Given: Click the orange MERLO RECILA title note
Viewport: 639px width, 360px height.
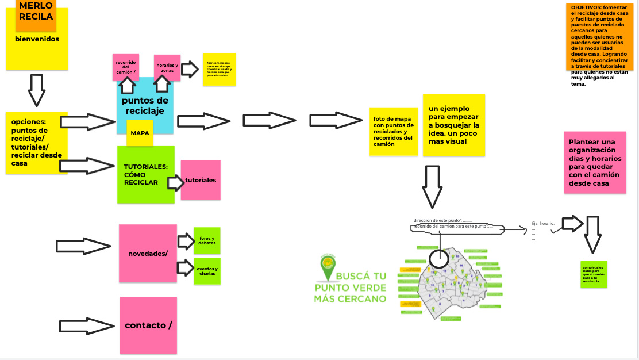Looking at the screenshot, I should [x=36, y=12].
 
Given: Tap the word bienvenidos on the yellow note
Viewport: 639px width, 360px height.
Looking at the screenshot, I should [x=37, y=40].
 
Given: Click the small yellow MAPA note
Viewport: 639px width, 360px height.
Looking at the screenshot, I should [x=140, y=133].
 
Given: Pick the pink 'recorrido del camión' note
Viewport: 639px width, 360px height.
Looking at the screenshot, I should [x=125, y=66].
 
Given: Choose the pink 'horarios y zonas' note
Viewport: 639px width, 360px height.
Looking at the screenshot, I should [x=167, y=67].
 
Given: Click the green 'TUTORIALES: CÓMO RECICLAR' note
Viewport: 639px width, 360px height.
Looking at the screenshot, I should [x=145, y=174].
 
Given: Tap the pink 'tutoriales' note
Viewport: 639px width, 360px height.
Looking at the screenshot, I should [x=201, y=180].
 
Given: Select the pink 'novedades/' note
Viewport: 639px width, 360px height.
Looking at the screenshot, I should [x=148, y=254].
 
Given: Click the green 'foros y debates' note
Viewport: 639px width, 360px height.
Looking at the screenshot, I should [x=207, y=241].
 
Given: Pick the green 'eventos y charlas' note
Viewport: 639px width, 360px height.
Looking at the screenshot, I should [x=207, y=271].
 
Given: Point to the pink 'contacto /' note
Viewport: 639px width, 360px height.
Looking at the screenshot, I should [x=148, y=325].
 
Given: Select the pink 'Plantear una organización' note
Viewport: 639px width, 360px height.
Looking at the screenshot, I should [x=595, y=163].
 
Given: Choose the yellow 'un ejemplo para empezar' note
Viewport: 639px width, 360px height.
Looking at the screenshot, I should [x=453, y=125].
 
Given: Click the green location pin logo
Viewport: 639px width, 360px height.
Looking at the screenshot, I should [x=328, y=267].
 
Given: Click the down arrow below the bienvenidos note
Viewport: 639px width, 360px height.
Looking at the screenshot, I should [x=36, y=89].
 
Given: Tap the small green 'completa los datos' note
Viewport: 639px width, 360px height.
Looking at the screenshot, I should [x=593, y=274].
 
